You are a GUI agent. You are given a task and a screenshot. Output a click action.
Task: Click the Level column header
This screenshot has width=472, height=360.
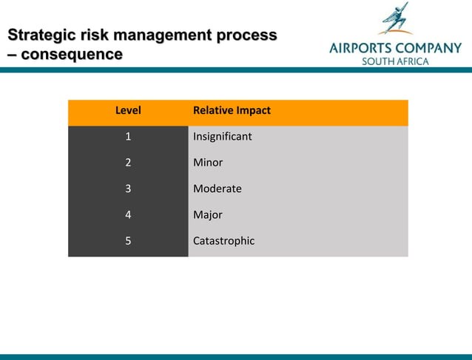click(x=128, y=111)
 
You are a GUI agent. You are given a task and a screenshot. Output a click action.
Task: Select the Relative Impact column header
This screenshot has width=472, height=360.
click(x=232, y=111)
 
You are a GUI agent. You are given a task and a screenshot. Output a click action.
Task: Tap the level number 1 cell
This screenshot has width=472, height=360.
click(x=128, y=137)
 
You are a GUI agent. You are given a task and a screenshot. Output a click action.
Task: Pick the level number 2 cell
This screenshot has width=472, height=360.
click(x=128, y=163)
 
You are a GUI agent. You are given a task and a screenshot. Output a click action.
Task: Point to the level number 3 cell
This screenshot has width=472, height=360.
click(x=128, y=189)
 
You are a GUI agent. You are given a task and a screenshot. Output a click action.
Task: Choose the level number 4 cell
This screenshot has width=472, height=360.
click(x=128, y=215)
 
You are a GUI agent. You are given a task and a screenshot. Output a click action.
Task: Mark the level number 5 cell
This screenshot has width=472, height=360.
click(x=128, y=241)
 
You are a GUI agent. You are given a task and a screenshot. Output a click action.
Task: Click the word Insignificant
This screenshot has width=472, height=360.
click(x=222, y=137)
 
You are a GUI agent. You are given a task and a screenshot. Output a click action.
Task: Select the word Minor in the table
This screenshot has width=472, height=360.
click(x=207, y=163)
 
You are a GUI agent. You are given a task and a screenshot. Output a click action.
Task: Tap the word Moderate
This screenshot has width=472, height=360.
click(x=217, y=189)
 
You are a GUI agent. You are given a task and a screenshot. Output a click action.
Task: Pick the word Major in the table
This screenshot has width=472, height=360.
click(x=207, y=215)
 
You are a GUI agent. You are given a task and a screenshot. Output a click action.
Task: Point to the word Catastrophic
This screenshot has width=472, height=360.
click(x=223, y=241)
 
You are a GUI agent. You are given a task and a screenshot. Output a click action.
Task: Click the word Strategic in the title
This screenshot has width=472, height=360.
click(x=41, y=35)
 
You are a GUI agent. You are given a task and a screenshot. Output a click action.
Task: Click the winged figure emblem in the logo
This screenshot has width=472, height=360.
click(x=395, y=19)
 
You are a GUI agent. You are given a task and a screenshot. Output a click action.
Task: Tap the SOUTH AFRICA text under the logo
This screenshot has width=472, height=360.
click(x=394, y=61)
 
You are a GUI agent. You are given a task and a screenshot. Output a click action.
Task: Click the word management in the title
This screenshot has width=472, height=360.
click(x=163, y=35)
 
